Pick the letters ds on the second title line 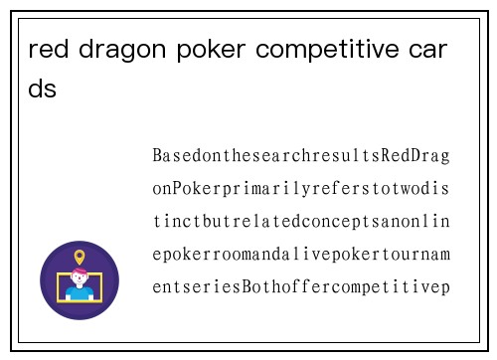point(43,90)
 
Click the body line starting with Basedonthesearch point(301,156)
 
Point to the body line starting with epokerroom point(301,255)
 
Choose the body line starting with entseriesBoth point(301,287)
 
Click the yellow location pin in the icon point(80,257)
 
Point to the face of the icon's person point(80,280)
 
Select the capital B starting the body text point(158,156)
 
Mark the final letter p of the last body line point(445,288)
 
